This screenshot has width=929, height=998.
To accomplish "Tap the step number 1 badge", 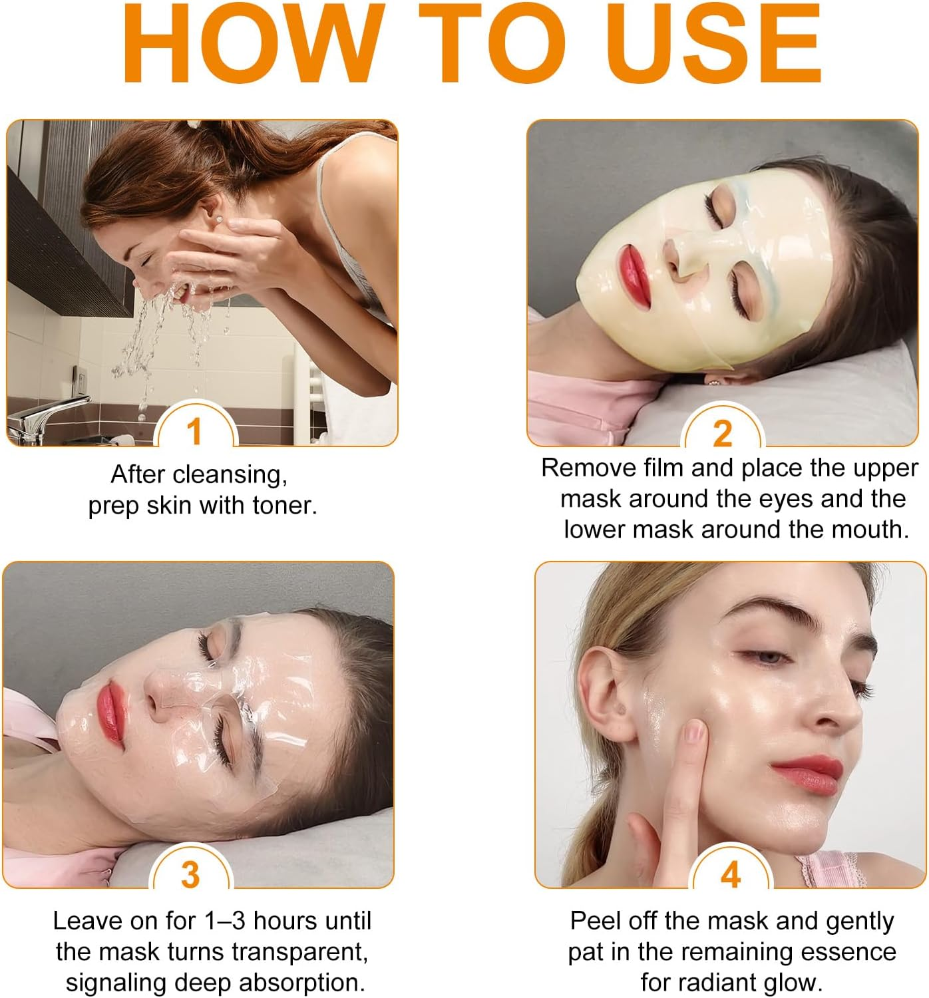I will pos(194,432).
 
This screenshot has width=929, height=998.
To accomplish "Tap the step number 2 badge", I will pos(723,434).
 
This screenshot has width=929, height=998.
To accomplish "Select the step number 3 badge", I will pos(190,874).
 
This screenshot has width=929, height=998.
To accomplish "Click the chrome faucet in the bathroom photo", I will pos(47,416).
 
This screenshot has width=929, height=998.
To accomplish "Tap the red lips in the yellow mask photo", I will pos(634,275).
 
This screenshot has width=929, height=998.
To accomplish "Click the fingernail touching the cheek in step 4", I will pos(695,733).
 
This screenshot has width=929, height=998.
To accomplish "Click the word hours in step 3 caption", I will pos(279,921).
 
